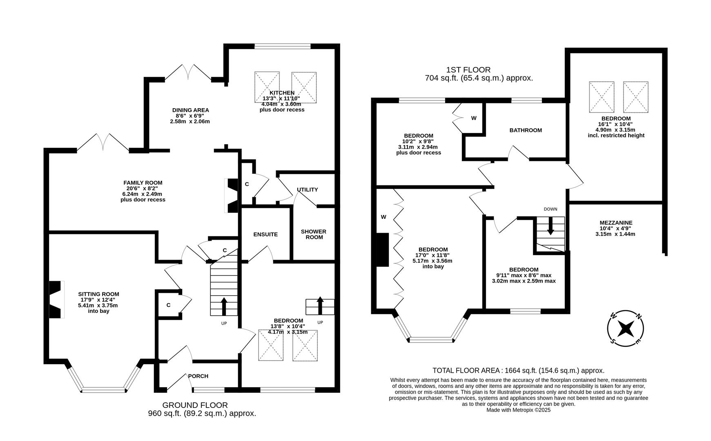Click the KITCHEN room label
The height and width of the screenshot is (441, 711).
pyautogui.click(x=282, y=93)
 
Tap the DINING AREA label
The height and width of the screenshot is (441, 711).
pyautogui.click(x=190, y=110)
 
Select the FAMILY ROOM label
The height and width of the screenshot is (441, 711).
pyautogui.click(x=143, y=183)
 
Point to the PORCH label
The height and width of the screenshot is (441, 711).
pyautogui.click(x=198, y=376)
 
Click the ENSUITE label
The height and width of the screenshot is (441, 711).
pyautogui.click(x=265, y=234)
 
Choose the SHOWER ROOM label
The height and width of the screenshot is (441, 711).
pyautogui.click(x=313, y=234)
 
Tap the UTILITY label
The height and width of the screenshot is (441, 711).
pyautogui.click(x=307, y=189)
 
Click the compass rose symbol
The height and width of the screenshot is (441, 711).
pyautogui.click(x=625, y=328)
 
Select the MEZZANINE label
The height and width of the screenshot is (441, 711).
pyautogui.click(x=615, y=223)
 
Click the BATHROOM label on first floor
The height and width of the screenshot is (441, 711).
pyautogui.click(x=526, y=130)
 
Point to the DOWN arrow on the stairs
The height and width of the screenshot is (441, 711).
pyautogui.click(x=550, y=226)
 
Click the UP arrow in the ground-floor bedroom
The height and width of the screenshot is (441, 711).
pyautogui.click(x=320, y=305)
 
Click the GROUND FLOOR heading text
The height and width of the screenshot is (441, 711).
pyautogui.click(x=195, y=405)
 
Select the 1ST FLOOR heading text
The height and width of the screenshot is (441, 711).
pyautogui.click(x=468, y=70)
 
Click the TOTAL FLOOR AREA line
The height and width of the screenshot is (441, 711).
pyautogui.click(x=518, y=370)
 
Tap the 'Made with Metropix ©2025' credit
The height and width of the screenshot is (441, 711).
pyautogui.click(x=518, y=410)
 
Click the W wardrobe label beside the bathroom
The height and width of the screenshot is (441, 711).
pyautogui.click(x=473, y=118)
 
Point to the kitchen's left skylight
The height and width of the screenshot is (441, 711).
pyautogui.click(x=267, y=87)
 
